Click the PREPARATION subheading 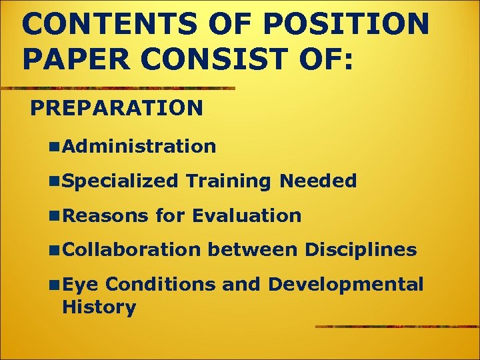coord(117,107)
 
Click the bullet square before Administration coord(54,147)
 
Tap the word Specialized coord(120,181)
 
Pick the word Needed coord(318,181)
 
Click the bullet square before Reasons coord(54,216)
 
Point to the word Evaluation coord(246,215)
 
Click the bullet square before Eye coord(54,285)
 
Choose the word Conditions coord(160,285)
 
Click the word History coord(99,307)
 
